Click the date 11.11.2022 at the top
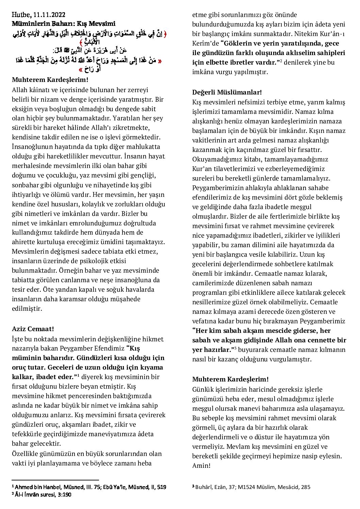pos(50,15)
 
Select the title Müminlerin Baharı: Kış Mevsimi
pos(64,23)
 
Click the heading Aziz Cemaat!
pos(33,329)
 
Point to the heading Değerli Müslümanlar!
pos(227,92)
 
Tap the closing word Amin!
pos(201,465)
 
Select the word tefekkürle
pos(30,434)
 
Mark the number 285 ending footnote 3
pos(305,487)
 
